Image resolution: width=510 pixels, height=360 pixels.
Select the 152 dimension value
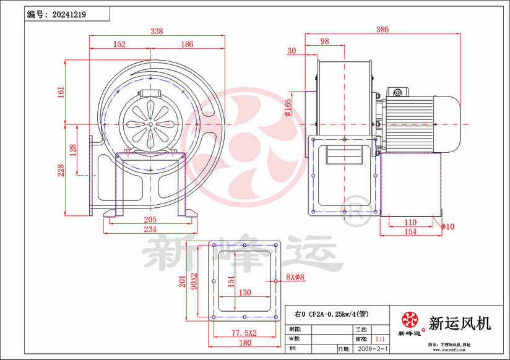pyautogui.click(x=119, y=44)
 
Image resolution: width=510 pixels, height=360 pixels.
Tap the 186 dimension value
pyautogui.click(x=187, y=44)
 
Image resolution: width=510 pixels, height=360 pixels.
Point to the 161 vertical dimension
pyautogui.click(x=61, y=92)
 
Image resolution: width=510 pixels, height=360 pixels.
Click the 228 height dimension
pyautogui.click(x=61, y=169)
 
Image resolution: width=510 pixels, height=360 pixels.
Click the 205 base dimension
pyautogui.click(x=150, y=220)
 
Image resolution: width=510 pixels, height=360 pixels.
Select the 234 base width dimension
pyautogui.click(x=150, y=229)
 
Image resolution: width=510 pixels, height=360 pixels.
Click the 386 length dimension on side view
pyautogui.click(x=383, y=29)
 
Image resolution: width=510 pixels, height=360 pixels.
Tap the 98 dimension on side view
pyautogui.click(x=324, y=41)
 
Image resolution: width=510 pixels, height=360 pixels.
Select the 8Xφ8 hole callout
pyautogui.click(x=295, y=277)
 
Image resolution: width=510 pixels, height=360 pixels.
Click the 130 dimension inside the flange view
pyautogui.click(x=244, y=292)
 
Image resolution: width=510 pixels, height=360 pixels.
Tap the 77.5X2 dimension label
pyautogui.click(x=244, y=333)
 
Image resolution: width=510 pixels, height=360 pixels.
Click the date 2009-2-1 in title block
pyautogui.click(x=373, y=349)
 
